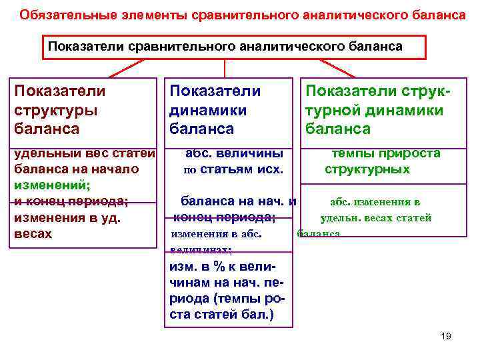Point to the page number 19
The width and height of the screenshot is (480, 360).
click(446, 336)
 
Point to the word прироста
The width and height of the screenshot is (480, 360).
click(413, 153)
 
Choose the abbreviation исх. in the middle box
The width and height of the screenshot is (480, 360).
click(271, 169)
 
